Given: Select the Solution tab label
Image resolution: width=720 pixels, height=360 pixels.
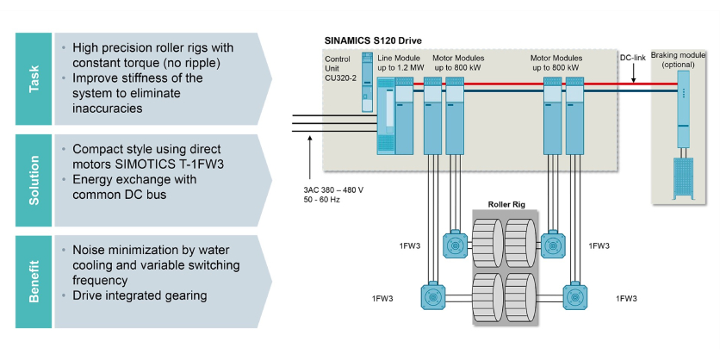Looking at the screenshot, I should tap(34, 179).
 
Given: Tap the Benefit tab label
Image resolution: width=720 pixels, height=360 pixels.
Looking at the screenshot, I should tap(34, 280).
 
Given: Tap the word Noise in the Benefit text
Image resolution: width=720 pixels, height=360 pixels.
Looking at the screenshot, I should tap(90, 250).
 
